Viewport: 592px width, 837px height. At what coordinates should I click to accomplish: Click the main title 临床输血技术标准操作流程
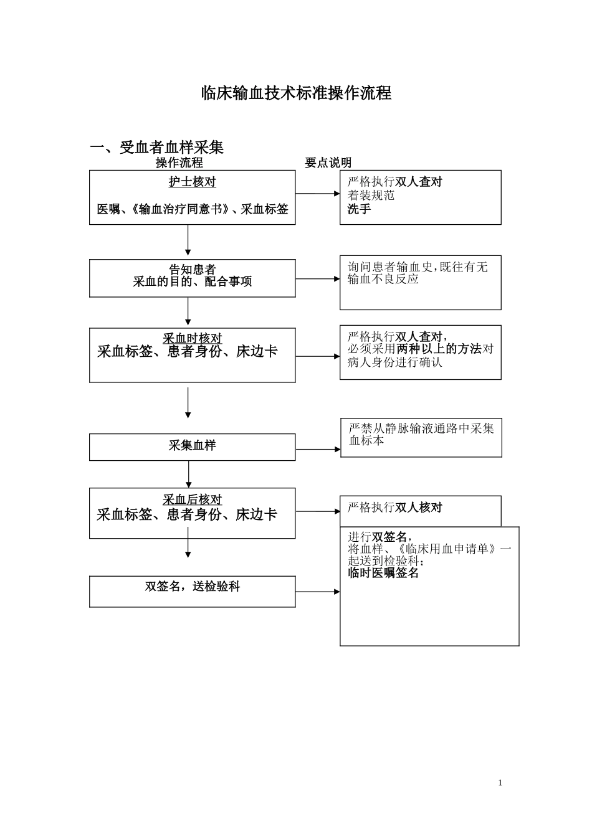click(296, 93)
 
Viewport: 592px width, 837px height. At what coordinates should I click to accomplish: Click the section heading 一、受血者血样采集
click(157, 147)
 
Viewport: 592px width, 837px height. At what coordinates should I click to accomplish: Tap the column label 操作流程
click(179, 163)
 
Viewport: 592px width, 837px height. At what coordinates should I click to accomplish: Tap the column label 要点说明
click(328, 163)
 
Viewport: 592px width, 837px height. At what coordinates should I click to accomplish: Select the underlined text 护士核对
click(192, 182)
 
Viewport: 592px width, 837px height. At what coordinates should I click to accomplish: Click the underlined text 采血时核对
click(192, 338)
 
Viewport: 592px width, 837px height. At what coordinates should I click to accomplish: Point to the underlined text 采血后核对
click(192, 499)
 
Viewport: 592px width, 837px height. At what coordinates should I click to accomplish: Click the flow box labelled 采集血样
click(192, 447)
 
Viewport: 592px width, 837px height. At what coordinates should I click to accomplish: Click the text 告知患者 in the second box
click(192, 270)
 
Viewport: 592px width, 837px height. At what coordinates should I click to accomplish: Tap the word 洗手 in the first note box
click(359, 209)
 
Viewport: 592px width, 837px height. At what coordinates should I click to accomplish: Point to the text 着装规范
click(371, 196)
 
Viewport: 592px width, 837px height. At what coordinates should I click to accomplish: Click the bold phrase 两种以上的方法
click(439, 349)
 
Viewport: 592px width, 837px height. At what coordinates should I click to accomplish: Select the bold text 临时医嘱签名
click(383, 573)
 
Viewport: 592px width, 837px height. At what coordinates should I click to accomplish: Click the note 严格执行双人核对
click(394, 508)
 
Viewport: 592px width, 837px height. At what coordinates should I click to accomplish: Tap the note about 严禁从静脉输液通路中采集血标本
click(421, 434)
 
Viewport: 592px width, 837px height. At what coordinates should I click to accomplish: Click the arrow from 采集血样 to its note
click(318, 449)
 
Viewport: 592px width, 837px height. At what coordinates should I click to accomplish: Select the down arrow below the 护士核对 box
click(188, 240)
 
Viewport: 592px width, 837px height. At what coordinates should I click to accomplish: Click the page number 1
click(500, 783)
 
